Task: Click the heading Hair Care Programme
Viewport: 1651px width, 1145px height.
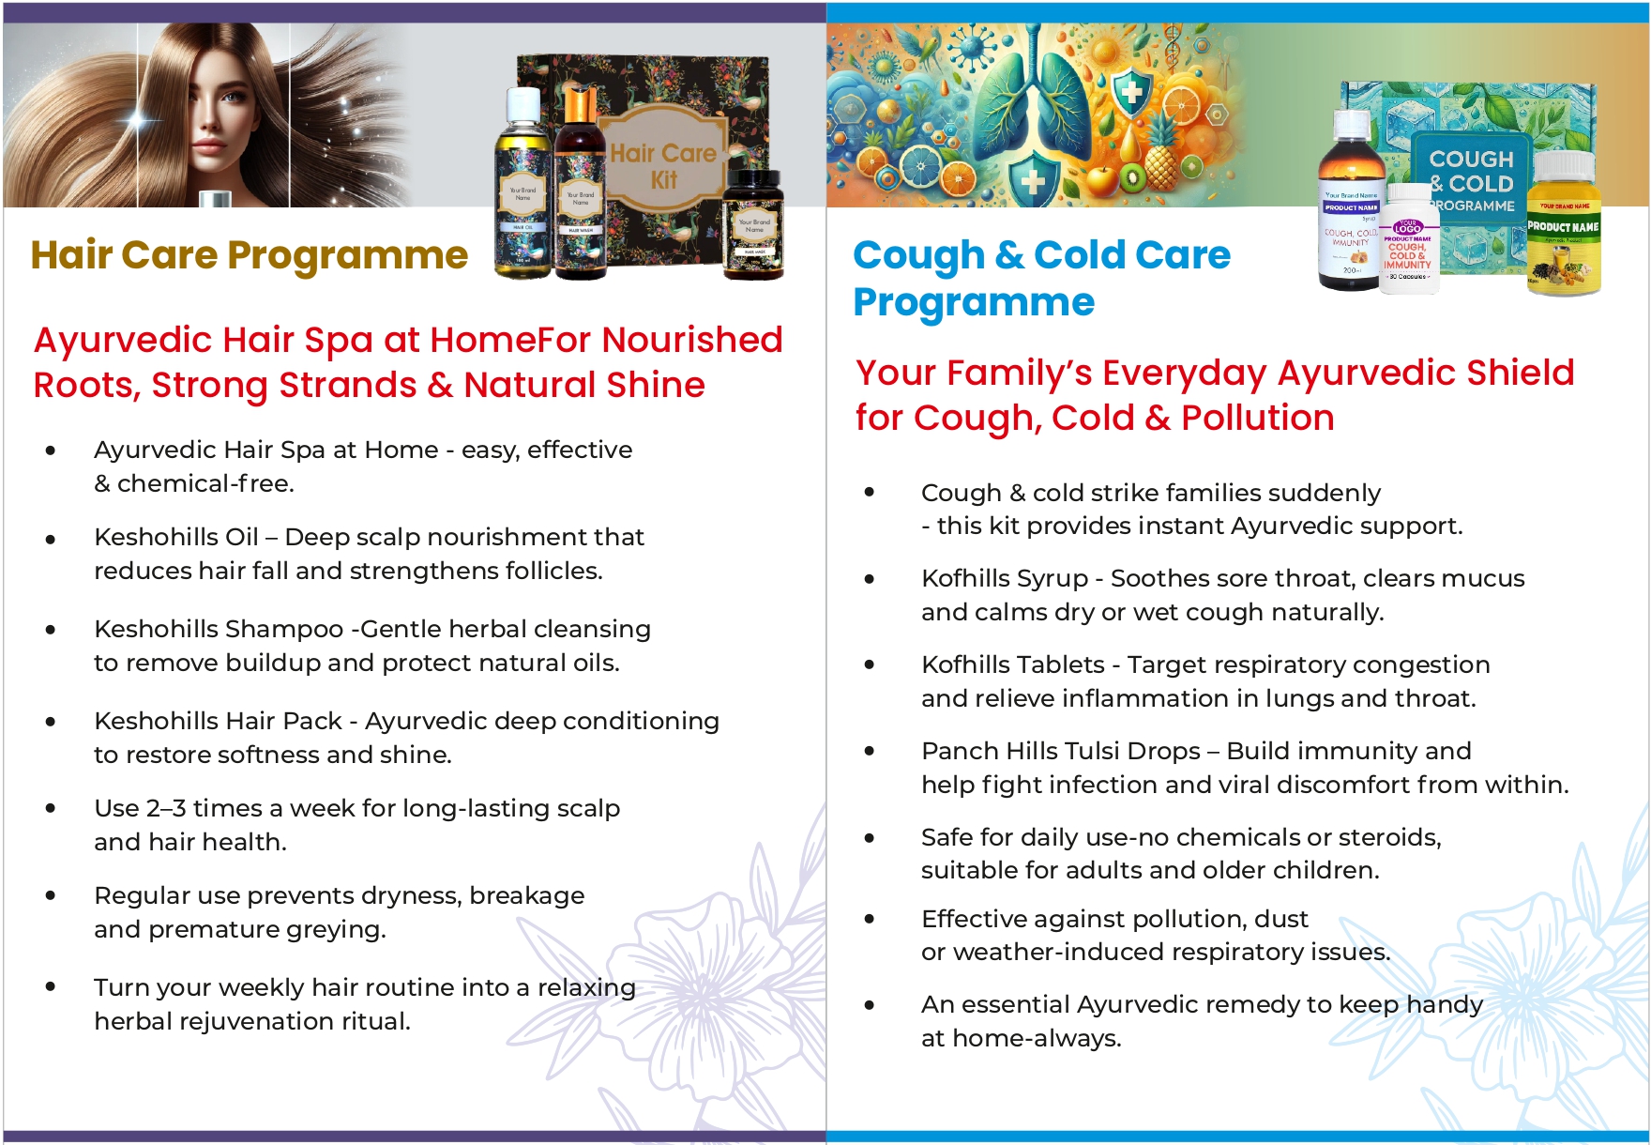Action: [249, 255]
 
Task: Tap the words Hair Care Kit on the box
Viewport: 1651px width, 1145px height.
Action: [662, 166]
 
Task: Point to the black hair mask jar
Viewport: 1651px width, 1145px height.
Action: [753, 225]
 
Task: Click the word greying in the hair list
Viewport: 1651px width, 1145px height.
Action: [339, 929]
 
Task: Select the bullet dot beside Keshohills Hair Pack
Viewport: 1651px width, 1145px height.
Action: [51, 722]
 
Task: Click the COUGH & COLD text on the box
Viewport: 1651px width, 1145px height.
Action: [1471, 172]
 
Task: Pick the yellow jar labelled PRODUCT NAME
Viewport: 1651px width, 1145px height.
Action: [1563, 230]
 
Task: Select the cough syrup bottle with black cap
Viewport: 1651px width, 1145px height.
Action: [1350, 202]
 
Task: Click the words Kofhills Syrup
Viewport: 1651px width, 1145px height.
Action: [1004, 578]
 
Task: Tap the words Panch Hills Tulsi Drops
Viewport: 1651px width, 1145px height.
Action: [1060, 751]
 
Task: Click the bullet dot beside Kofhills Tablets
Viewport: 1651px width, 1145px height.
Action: [870, 665]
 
